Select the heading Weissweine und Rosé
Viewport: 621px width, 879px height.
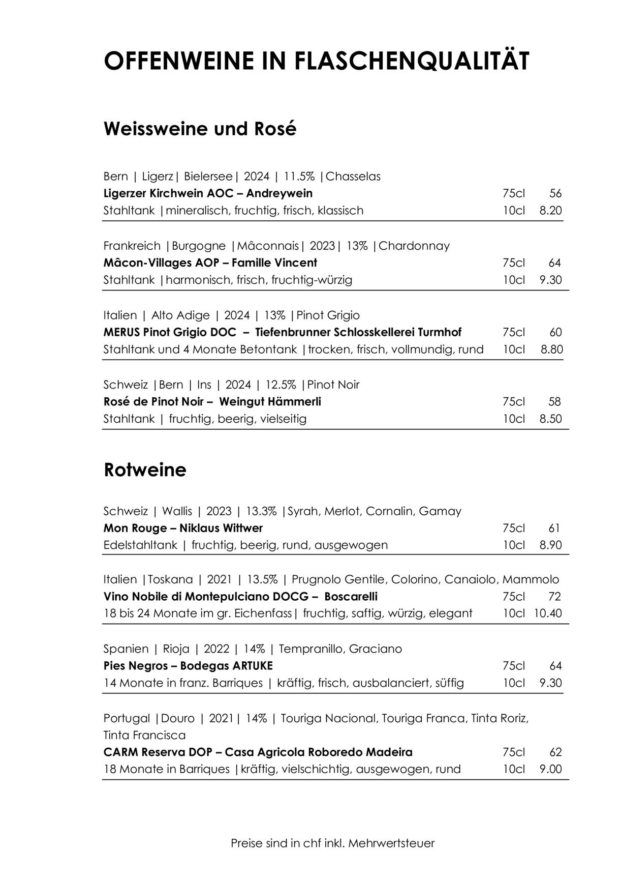click(x=200, y=129)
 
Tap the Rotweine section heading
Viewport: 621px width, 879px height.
click(x=145, y=470)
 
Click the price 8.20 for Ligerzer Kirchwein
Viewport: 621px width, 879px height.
click(x=551, y=211)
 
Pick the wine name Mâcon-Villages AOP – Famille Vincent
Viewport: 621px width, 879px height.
click(x=210, y=263)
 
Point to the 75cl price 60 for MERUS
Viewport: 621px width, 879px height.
click(x=555, y=333)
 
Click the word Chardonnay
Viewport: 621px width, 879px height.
click(x=414, y=246)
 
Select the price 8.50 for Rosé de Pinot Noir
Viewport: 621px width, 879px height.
click(x=551, y=419)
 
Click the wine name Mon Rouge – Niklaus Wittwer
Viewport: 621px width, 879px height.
click(x=183, y=528)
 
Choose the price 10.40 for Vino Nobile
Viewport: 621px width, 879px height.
click(x=548, y=613)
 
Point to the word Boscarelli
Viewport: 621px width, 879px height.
click(x=351, y=597)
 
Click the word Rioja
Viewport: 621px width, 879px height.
click(x=176, y=649)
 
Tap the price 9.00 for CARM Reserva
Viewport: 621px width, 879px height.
click(x=551, y=769)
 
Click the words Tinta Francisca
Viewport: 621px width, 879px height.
click(x=144, y=736)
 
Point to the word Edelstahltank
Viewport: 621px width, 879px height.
click(x=140, y=545)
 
